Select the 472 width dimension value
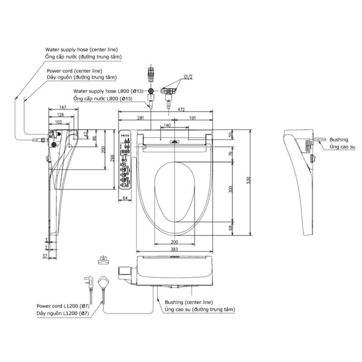[181, 110]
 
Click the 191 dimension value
[192, 118]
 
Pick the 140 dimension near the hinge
[167, 126]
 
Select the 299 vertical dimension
[112, 160]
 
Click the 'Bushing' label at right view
[339, 140]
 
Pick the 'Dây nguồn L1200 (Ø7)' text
[59, 313]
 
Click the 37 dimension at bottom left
[46, 256]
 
